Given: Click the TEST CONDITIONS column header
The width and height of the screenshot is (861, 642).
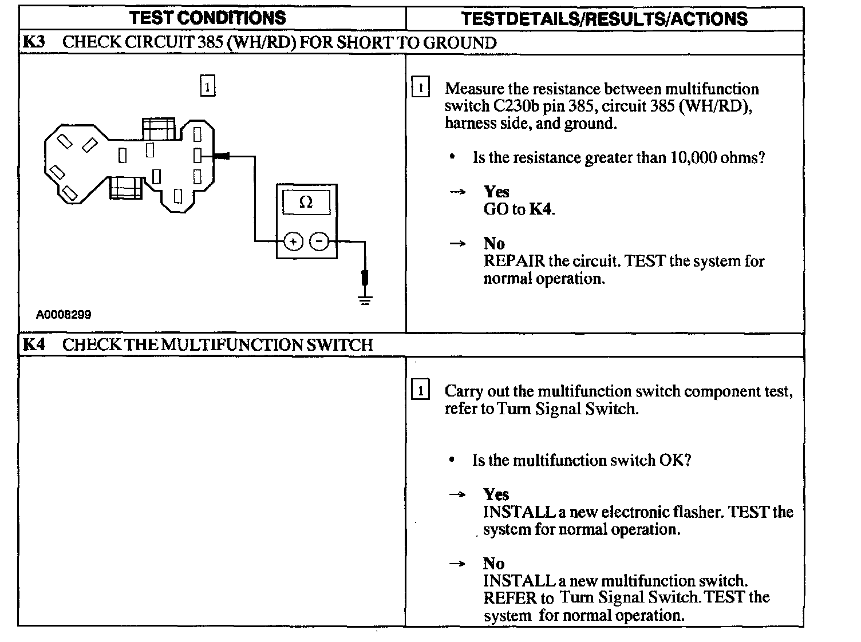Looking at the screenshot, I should click(x=207, y=18).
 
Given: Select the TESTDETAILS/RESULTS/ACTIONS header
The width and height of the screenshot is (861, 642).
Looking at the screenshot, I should click(x=604, y=19).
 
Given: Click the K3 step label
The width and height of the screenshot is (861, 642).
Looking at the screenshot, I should click(x=34, y=42).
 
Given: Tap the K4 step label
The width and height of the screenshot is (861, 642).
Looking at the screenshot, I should click(x=34, y=344).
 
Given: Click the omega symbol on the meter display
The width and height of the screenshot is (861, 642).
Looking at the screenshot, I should click(x=306, y=202).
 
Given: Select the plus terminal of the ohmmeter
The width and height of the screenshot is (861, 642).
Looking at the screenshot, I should click(x=293, y=242).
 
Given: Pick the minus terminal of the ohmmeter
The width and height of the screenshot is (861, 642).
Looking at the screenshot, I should click(x=319, y=242).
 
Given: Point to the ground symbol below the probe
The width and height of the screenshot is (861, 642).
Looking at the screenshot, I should click(x=365, y=299).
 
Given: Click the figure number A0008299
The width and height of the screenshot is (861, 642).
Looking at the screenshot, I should click(x=64, y=314).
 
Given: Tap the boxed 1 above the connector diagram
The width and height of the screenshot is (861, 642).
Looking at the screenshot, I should click(x=207, y=86).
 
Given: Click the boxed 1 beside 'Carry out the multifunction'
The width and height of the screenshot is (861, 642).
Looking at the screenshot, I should click(x=420, y=391).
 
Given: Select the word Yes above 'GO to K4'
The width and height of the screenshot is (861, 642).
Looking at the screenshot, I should click(x=496, y=192).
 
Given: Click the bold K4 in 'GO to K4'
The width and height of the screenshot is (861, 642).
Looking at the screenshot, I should click(x=541, y=209).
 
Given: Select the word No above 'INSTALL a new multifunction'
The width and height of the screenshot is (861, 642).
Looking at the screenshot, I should click(x=493, y=564).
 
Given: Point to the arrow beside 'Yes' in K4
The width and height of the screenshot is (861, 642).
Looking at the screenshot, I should click(x=457, y=494).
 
